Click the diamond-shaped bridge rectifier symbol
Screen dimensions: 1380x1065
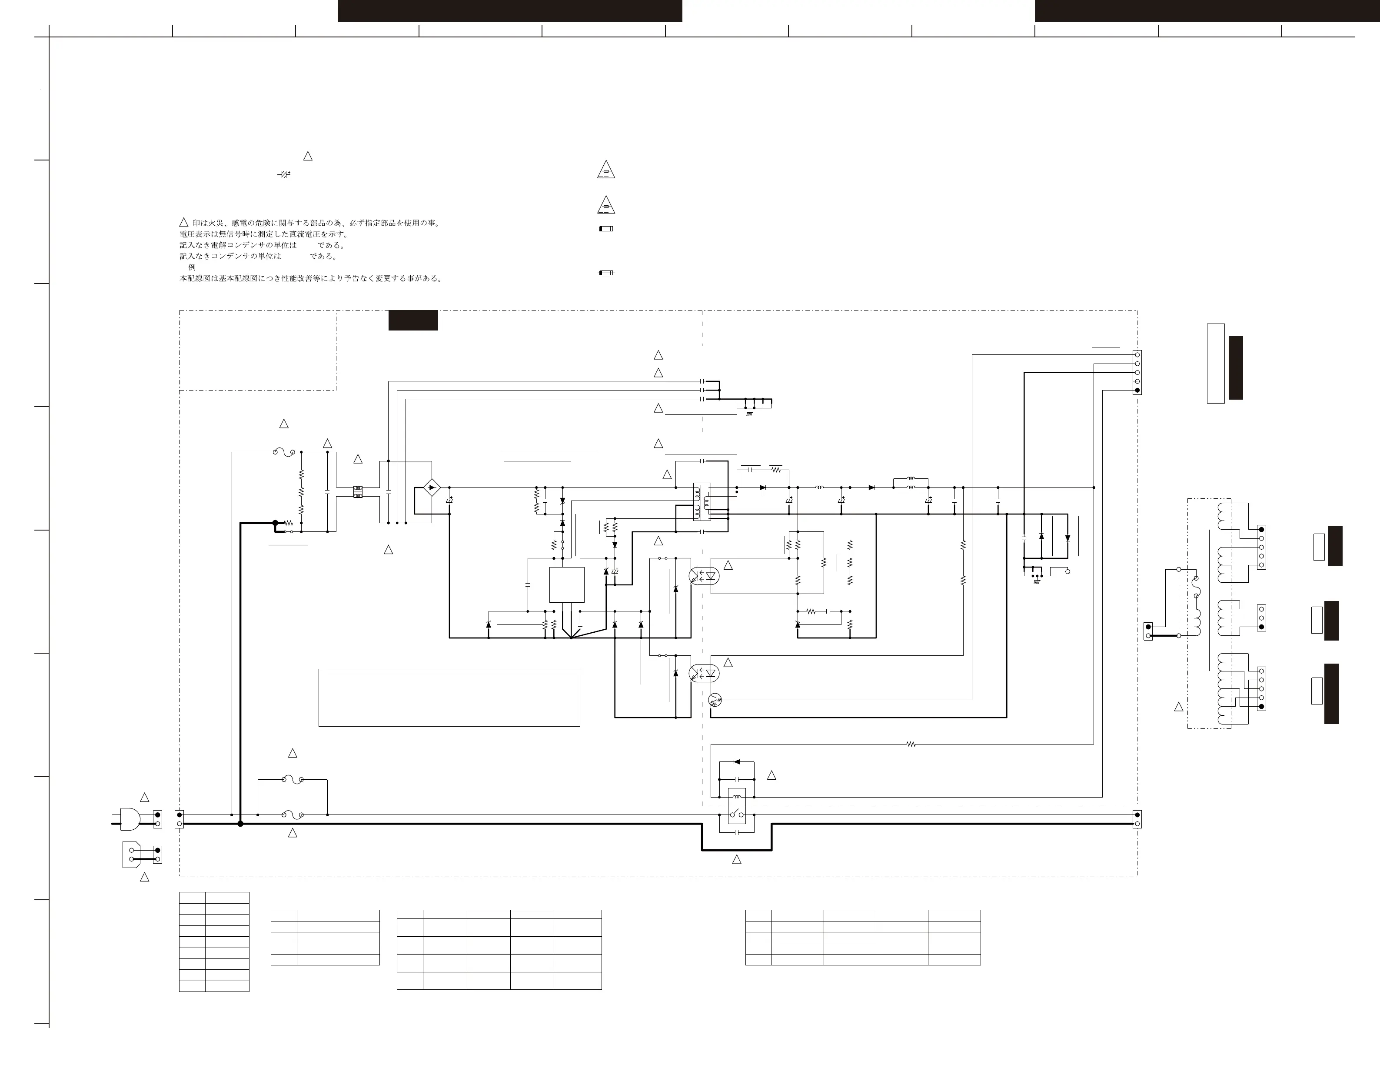click(x=432, y=488)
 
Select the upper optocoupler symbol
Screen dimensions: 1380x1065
click(x=704, y=576)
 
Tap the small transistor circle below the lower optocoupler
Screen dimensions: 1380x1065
click(x=715, y=700)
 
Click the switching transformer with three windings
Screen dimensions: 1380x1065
click(x=702, y=502)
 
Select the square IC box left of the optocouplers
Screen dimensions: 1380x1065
click(x=567, y=584)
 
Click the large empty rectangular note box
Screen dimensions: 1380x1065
click(x=449, y=698)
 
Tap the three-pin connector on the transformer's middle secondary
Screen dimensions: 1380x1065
click(x=1262, y=618)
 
